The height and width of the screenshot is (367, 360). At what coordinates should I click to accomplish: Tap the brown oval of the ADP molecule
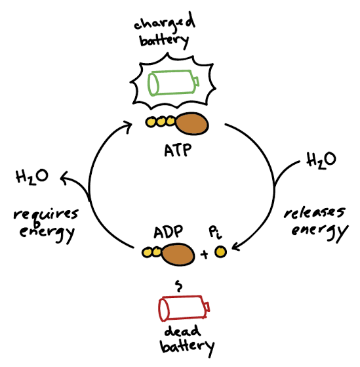(178, 253)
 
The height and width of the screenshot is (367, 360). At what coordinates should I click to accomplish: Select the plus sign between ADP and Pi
(205, 253)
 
